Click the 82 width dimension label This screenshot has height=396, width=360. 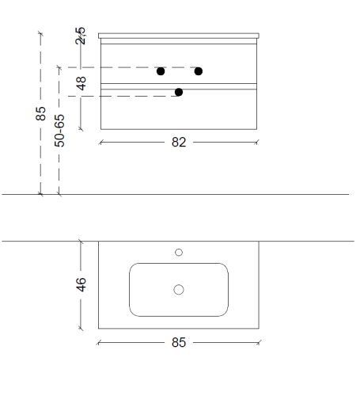pyautogui.click(x=179, y=143)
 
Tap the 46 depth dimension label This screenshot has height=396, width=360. pyautogui.click(x=81, y=284)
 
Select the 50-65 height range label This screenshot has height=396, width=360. pyautogui.click(x=59, y=131)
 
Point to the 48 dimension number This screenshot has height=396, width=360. pyautogui.click(x=81, y=83)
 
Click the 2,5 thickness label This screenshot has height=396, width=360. pyautogui.click(x=81, y=36)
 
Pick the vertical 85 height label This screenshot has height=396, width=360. pyautogui.click(x=40, y=113)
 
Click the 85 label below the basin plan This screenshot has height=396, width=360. pyautogui.click(x=179, y=343)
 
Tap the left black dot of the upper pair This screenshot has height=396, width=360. pyautogui.click(x=161, y=71)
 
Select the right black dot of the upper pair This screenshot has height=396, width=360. pyautogui.click(x=199, y=71)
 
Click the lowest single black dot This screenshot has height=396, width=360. pyautogui.click(x=179, y=92)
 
